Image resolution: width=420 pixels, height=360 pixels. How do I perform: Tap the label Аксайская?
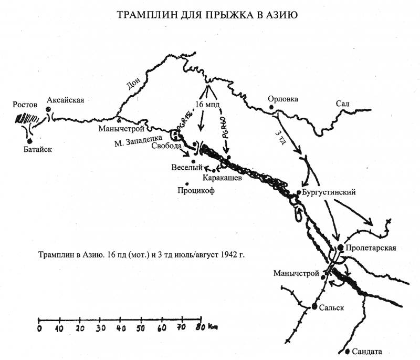(65, 100)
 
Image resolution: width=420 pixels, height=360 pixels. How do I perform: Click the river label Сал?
(343, 104)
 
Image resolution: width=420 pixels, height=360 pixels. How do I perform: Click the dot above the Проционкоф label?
(187, 183)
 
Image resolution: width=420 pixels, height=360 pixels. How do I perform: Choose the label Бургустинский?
(330, 192)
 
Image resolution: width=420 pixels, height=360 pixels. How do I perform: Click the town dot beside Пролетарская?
(341, 247)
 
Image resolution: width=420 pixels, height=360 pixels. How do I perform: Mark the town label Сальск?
(331, 308)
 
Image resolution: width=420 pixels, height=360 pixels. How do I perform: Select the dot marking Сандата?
(348, 351)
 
